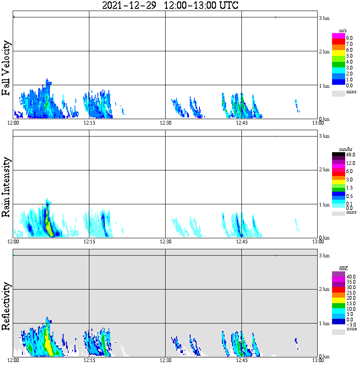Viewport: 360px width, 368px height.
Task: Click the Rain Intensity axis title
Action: coord(7,187)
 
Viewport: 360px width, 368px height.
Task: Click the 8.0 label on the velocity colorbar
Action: coord(349,38)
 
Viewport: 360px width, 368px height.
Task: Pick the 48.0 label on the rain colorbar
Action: coord(350,155)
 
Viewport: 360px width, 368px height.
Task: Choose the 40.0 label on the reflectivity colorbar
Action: coord(350,276)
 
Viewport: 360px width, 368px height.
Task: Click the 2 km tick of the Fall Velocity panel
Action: coord(324,52)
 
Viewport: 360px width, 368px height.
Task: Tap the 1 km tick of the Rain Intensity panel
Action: coord(324,205)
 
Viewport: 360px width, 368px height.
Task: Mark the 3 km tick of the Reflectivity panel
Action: coord(324,256)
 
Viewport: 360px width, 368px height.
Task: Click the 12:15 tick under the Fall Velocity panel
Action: coord(89,123)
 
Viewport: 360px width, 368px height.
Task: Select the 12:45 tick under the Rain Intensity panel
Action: coord(241,242)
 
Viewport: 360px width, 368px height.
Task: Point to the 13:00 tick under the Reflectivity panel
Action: coord(318,360)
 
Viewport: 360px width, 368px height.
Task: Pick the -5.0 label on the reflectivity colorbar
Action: coord(350,325)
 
